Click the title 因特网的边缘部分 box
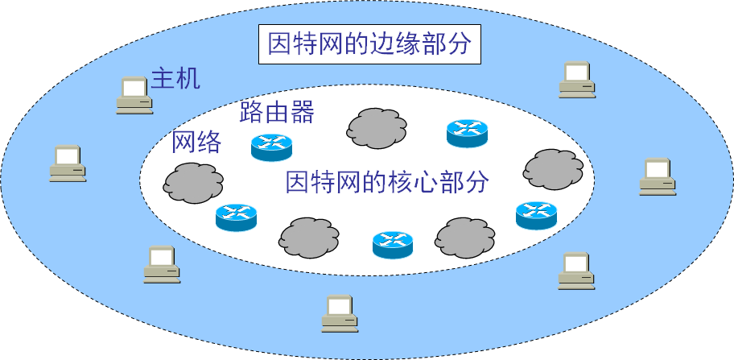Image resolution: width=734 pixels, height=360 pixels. [369, 44]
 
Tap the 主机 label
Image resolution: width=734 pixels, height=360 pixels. [175, 79]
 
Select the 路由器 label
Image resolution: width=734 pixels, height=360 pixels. [276, 112]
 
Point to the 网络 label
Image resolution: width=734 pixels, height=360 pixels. [196, 143]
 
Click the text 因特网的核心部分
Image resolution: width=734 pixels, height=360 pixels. [387, 182]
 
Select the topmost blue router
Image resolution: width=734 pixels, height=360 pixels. [468, 133]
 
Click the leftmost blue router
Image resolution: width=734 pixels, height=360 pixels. [236, 217]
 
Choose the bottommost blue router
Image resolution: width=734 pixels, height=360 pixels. [393, 245]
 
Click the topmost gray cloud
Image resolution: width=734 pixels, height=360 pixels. [377, 127]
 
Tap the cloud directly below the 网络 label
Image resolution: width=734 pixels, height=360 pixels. [193, 182]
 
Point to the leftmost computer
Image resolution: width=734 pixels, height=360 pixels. [67, 163]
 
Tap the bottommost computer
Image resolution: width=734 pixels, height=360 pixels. [340, 314]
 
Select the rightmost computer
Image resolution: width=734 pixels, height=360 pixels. [658, 177]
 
